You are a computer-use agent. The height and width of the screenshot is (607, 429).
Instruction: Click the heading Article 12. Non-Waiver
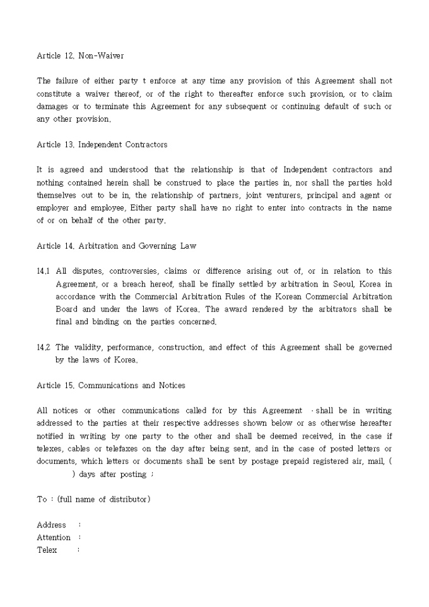[80, 56]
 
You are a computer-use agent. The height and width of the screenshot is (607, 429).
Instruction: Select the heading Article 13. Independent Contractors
[102, 144]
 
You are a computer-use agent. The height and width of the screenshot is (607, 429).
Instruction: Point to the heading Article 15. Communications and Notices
[110, 385]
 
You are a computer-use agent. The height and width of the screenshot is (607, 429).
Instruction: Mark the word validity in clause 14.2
[97, 348]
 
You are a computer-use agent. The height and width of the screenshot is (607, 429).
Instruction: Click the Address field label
[51, 525]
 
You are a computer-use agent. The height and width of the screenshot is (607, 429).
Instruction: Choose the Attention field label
[54, 538]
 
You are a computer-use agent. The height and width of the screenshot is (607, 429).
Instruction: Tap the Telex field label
[47, 550]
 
